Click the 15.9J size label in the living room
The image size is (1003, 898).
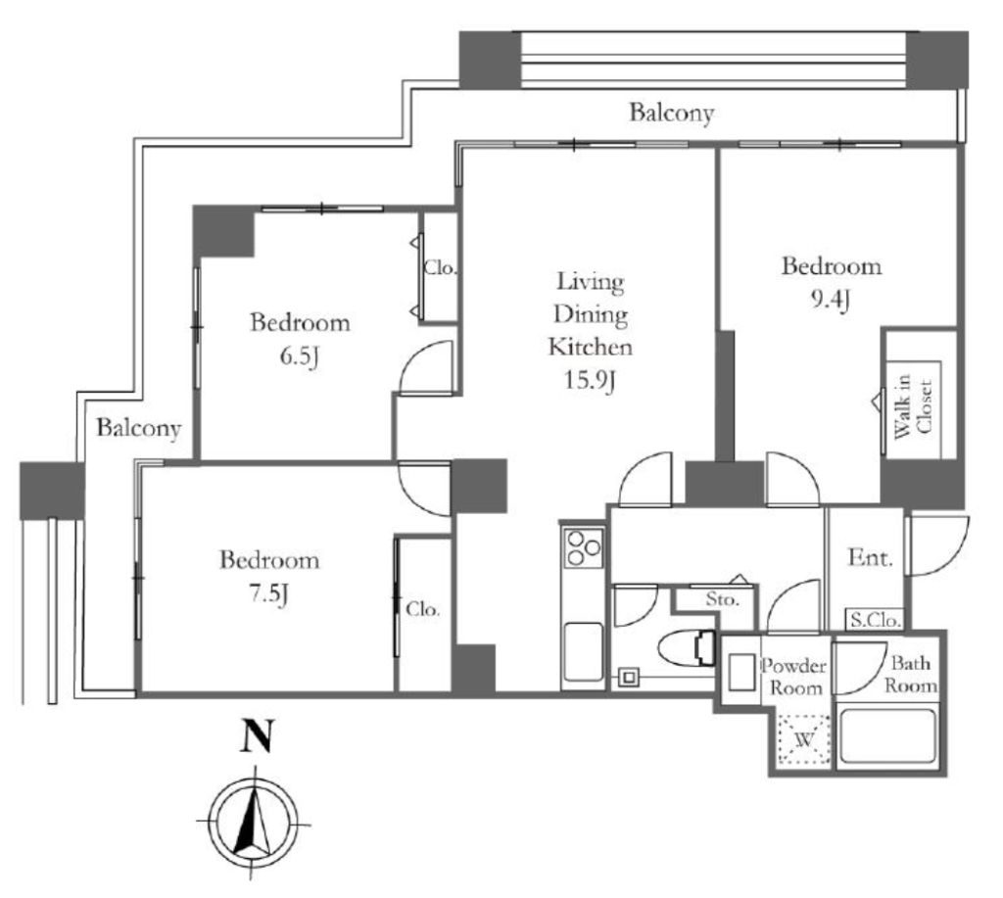click(x=590, y=382)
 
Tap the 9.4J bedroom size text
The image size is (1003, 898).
click(x=831, y=300)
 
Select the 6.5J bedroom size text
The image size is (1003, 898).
click(x=300, y=356)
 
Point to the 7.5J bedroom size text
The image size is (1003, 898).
click(x=268, y=594)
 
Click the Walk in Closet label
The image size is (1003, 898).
click(x=914, y=407)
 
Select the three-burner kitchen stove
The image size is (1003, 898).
click(x=584, y=547)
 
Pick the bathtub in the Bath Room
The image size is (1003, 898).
click(x=888, y=734)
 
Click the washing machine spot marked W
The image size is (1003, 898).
click(x=804, y=740)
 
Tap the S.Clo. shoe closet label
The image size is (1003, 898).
click(x=875, y=619)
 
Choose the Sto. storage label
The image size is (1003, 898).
click(x=722, y=599)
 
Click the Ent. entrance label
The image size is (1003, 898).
click(x=870, y=558)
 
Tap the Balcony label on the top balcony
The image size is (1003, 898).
click(x=672, y=114)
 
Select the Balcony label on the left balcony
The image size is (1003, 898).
click(x=139, y=428)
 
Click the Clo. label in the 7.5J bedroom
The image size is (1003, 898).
click(x=423, y=609)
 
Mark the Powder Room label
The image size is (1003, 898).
click(x=793, y=677)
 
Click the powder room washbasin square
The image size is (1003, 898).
click(x=741, y=672)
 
